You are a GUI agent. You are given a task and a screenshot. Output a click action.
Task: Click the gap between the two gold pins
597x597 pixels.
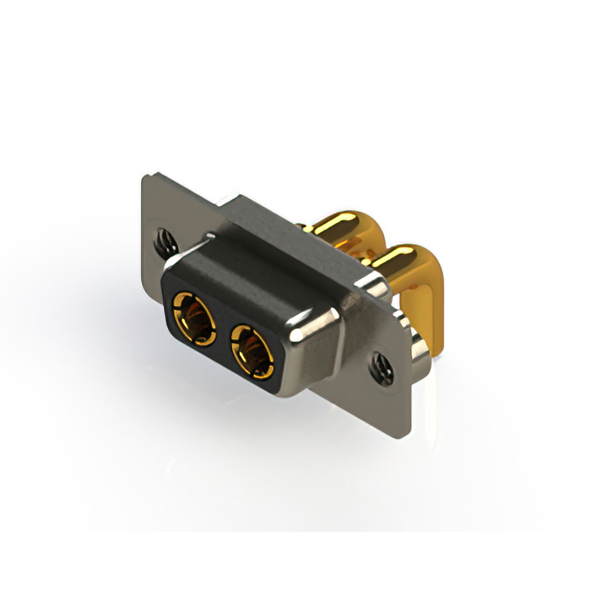point(373,244)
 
